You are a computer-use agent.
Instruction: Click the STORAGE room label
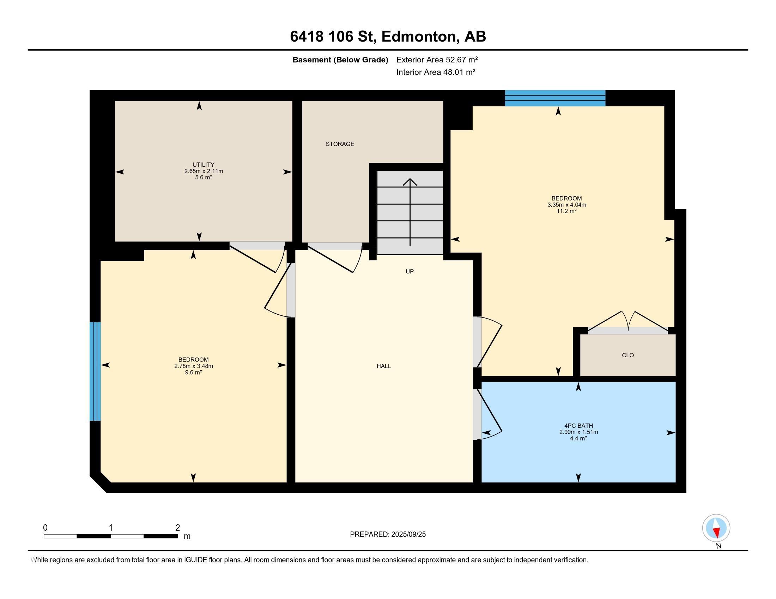[x=340, y=144]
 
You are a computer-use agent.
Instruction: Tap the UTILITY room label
[x=203, y=165]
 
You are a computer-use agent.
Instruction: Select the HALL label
[x=384, y=366]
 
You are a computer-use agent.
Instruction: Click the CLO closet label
[x=628, y=355]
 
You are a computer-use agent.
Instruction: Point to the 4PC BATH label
[x=578, y=426]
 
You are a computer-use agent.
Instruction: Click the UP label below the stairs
[x=410, y=271]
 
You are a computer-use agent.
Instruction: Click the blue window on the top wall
[x=555, y=98]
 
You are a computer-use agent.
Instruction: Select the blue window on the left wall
[x=95, y=371]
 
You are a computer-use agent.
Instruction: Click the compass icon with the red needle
[x=716, y=528]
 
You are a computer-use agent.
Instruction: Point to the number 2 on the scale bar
[x=178, y=528]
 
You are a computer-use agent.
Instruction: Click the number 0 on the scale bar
[x=45, y=528]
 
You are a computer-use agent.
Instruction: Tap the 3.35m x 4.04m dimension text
[x=567, y=205]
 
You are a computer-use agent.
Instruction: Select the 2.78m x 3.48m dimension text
[x=194, y=366]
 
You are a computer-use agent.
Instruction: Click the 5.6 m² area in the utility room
[x=204, y=178]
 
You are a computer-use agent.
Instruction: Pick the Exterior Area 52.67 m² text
[x=437, y=60]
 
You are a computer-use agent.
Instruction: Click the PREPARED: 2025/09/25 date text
[x=388, y=535]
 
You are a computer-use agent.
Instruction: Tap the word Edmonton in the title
[x=419, y=37]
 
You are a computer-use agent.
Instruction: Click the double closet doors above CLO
[x=628, y=322]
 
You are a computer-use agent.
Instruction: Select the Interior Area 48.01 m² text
[x=436, y=72]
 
